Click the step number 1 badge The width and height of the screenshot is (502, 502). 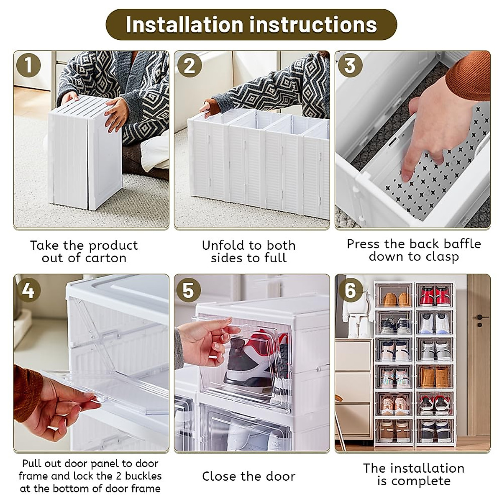(28, 66)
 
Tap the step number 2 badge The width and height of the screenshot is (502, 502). (190, 66)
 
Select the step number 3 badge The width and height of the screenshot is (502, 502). (350, 66)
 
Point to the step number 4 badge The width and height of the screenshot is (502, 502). (28, 289)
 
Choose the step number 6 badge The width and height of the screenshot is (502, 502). (350, 289)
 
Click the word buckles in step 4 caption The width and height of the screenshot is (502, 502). (141, 476)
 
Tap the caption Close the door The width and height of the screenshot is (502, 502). (248, 476)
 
